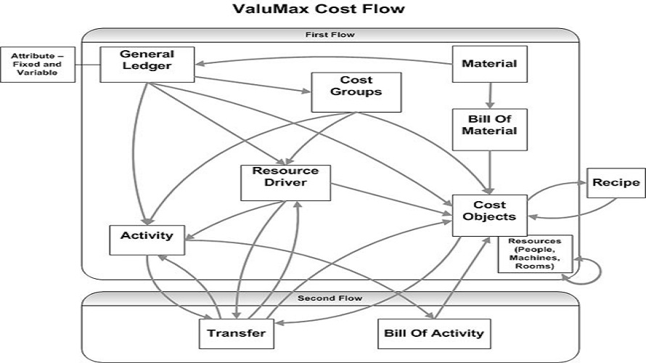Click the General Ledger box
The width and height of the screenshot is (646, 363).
point(147,64)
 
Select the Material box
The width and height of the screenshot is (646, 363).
point(489,63)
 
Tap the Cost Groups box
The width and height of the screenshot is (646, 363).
point(356,91)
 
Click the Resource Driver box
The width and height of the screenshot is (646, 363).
point(285,182)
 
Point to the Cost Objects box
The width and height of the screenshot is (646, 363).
point(489,214)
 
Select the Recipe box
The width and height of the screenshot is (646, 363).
point(615,182)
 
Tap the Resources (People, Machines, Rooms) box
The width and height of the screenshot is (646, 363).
point(534,253)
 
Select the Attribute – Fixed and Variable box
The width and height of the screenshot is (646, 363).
point(38,65)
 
